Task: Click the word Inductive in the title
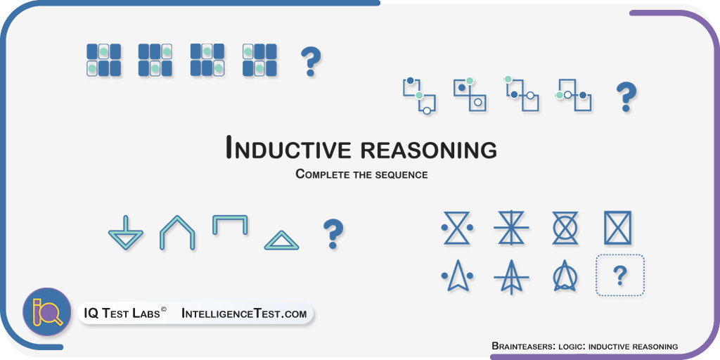288,148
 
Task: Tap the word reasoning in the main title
428,150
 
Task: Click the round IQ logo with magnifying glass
46,312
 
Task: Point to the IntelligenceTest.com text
244,314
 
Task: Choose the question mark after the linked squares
626,97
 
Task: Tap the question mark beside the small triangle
333,233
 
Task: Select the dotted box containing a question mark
620,275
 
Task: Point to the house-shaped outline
177,232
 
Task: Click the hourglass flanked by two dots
457,228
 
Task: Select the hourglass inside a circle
565,228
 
